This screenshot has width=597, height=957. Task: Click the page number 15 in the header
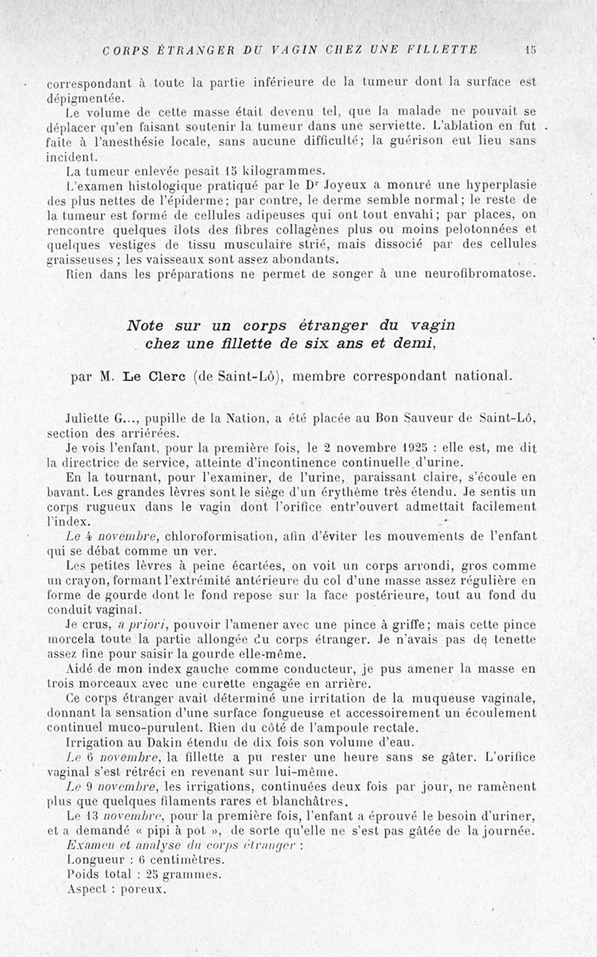(530, 50)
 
